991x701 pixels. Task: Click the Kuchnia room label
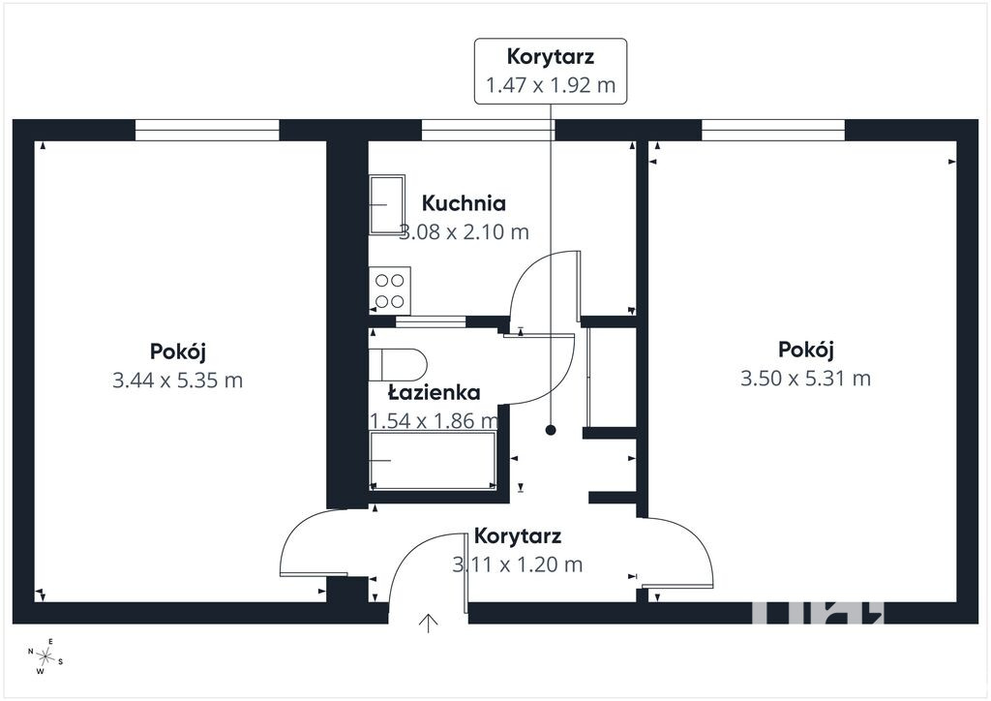[464, 203]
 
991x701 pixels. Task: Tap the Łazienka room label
[434, 392]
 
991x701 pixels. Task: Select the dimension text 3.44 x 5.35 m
[178, 381]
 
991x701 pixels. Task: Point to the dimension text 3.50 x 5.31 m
[806, 379]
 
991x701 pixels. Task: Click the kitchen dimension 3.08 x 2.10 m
[464, 232]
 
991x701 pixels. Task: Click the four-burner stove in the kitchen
[390, 290]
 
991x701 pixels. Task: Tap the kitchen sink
[387, 205]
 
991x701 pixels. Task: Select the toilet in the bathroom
[398, 365]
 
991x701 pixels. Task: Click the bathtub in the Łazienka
[433, 460]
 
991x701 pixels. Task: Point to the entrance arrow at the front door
[429, 623]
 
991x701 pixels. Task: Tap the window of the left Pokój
[207, 130]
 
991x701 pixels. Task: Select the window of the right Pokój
[773, 130]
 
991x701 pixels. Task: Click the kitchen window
[488, 130]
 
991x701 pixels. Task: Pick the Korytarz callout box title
[551, 56]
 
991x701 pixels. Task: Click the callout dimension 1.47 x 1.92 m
[551, 84]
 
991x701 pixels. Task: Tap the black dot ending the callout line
[551, 431]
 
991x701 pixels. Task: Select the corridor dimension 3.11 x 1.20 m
[518, 564]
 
